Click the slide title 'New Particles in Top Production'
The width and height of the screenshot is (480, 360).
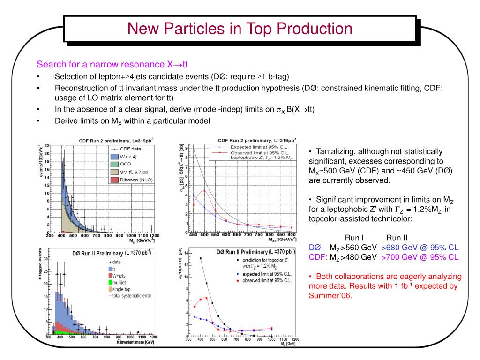coord(240,29)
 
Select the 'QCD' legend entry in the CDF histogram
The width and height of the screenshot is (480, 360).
coord(125,164)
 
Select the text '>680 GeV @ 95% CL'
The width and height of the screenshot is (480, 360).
coord(420,247)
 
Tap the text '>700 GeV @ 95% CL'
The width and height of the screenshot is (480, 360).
coord(420,257)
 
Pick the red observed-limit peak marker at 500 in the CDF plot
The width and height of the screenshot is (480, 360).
coord(204,191)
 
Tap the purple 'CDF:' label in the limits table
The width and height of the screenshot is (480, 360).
coord(317,257)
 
